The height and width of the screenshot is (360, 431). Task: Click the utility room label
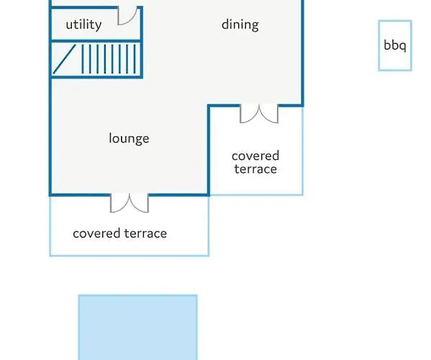tap(83, 25)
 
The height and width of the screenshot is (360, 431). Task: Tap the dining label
tap(240, 25)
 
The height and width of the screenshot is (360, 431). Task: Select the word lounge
tap(129, 138)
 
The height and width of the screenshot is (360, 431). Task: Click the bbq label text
tap(395, 45)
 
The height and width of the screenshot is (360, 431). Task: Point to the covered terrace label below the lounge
tap(120, 233)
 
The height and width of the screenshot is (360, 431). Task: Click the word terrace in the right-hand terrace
tap(255, 169)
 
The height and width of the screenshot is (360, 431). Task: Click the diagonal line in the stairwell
tap(64, 59)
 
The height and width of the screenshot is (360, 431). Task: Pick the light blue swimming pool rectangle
tap(137, 328)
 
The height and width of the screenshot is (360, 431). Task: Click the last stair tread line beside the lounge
tap(135, 59)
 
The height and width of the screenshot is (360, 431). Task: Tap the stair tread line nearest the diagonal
tap(83, 59)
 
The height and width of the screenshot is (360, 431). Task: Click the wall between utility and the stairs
tap(96, 41)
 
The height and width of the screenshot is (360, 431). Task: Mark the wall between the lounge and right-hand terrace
tap(209, 150)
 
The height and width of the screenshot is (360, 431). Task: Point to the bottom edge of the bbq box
tap(395, 70)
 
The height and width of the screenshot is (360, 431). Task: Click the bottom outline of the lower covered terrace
tap(130, 256)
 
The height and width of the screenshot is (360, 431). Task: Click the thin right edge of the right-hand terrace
tap(303, 150)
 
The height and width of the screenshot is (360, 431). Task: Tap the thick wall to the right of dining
tap(302, 53)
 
